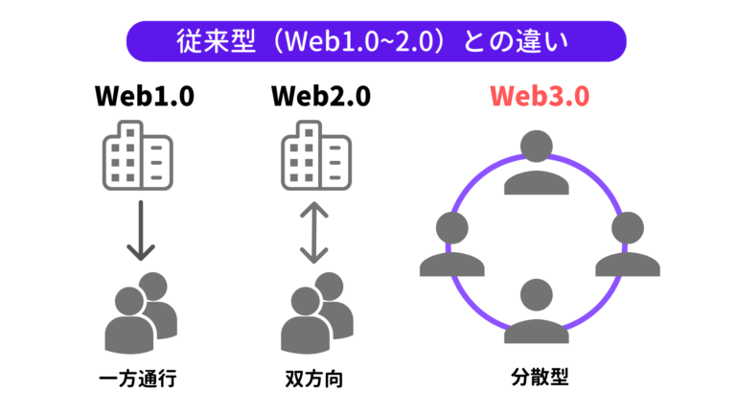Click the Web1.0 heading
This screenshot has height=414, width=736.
141,98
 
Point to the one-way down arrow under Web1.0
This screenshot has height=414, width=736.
141,230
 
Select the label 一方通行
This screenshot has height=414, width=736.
139,378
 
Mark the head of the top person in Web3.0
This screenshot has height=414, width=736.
537,147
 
